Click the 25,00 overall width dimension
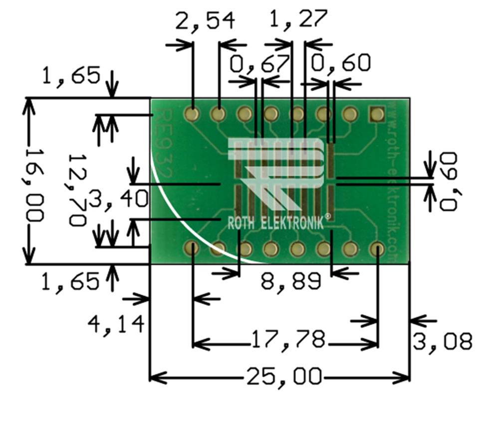(x=284, y=376)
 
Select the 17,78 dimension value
(x=289, y=341)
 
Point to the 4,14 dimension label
(x=116, y=324)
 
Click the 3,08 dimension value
(x=442, y=342)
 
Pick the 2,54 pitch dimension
(x=205, y=21)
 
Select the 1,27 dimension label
(x=298, y=18)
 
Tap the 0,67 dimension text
(x=259, y=64)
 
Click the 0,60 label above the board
(x=341, y=63)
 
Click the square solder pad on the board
(x=376, y=114)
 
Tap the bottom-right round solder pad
(x=377, y=248)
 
